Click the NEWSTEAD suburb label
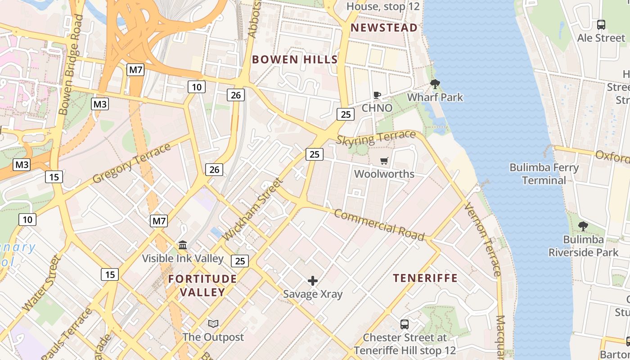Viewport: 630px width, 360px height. (x=384, y=28)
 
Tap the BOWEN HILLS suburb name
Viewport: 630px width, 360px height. (x=294, y=59)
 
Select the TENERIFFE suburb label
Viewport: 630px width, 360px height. (x=425, y=278)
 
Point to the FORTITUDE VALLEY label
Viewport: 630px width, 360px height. (x=202, y=285)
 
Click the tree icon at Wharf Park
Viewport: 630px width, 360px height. (x=435, y=84)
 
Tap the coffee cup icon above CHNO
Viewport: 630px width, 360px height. (x=377, y=95)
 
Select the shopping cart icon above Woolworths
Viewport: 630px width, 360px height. (x=384, y=161)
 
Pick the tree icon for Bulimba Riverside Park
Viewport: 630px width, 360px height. (x=583, y=226)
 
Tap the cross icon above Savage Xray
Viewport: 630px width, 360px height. (x=312, y=281)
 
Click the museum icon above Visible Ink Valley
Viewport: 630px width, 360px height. (x=183, y=245)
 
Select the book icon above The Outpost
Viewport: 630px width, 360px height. (x=213, y=324)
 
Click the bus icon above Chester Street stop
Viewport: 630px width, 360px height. (x=404, y=324)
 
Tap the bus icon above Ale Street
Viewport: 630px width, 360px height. (x=601, y=25)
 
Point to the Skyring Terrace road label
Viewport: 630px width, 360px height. (x=376, y=138)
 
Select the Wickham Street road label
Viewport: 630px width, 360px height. (x=253, y=209)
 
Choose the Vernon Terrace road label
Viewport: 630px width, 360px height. (x=482, y=239)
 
